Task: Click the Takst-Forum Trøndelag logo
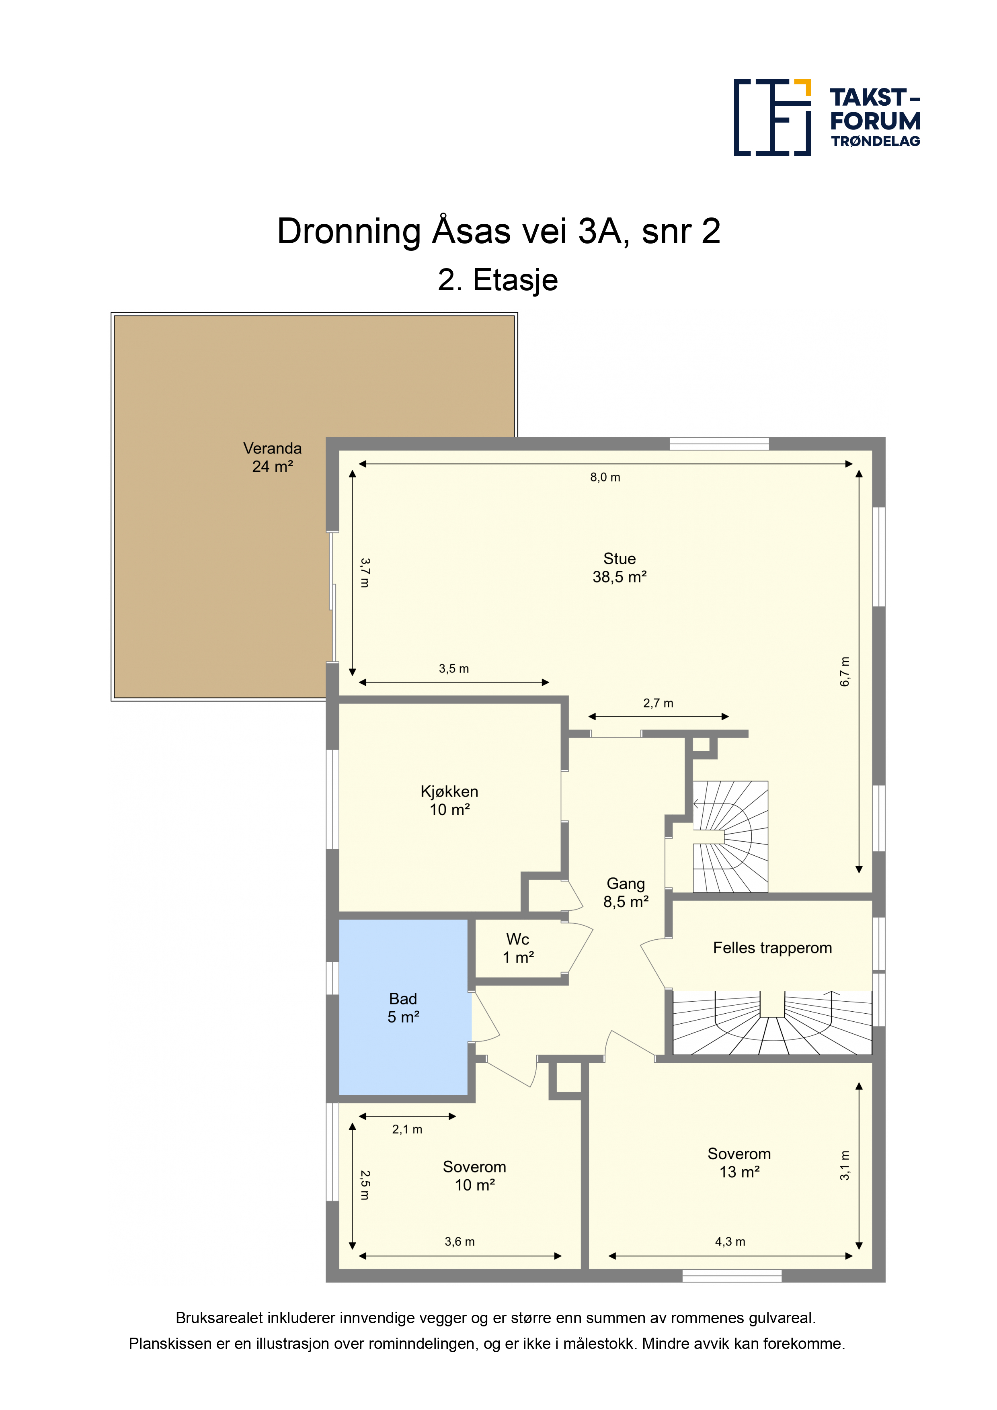827,117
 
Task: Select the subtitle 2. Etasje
498,281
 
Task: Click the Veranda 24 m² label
272,457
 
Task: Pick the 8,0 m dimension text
605,477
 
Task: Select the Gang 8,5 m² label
626,892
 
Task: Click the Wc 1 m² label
518,948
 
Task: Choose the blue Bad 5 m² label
403,1008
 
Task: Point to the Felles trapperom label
772,948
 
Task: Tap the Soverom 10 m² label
474,1175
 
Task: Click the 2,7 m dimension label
658,703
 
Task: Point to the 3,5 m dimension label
453,669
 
